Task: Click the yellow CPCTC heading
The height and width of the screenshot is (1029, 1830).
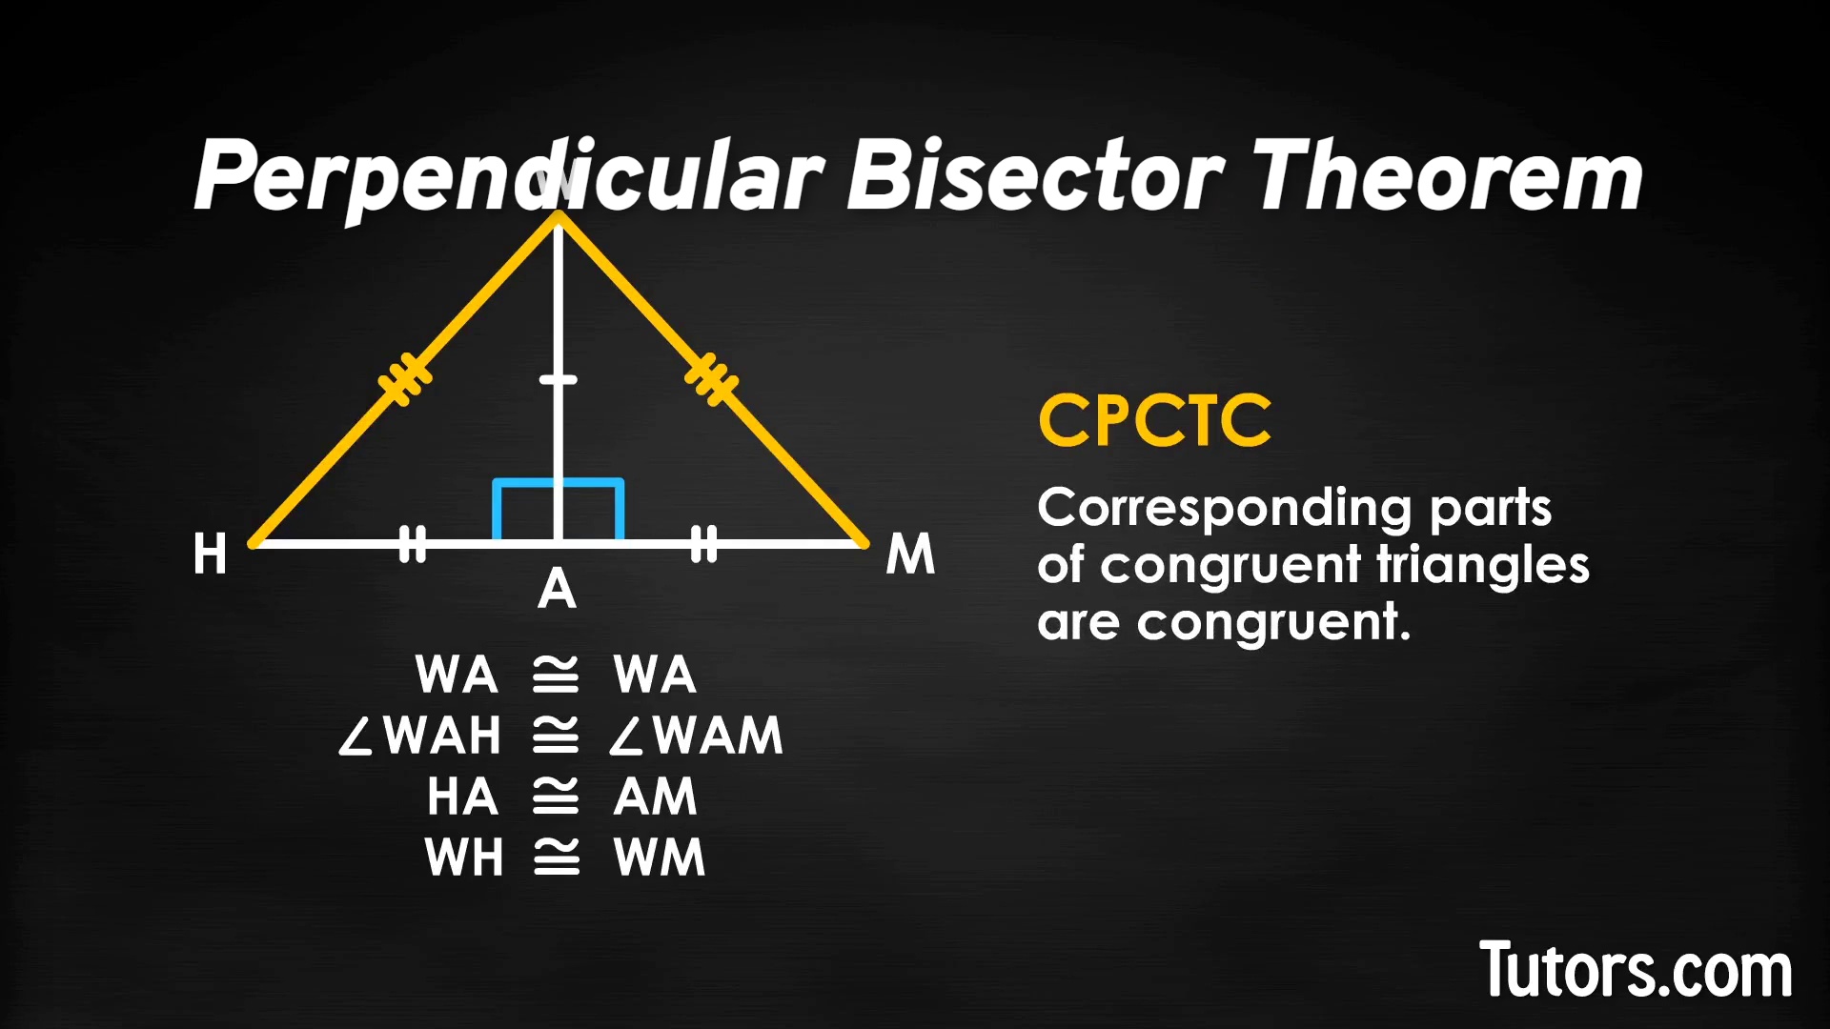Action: pyautogui.click(x=1154, y=420)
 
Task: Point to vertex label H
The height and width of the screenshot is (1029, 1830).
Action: pyautogui.click(x=210, y=554)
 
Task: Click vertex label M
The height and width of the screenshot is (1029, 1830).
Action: pyautogui.click(x=910, y=554)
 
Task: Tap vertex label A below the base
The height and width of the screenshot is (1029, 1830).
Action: pyautogui.click(x=558, y=589)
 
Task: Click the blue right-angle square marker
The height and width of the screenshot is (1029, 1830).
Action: pyautogui.click(x=559, y=510)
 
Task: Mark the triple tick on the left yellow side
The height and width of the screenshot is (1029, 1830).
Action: pyautogui.click(x=405, y=378)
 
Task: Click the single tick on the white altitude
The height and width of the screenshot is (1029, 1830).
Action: pyautogui.click(x=559, y=380)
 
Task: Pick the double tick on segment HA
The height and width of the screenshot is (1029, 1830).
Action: pyautogui.click(x=413, y=544)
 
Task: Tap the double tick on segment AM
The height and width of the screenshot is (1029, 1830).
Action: pyautogui.click(x=703, y=544)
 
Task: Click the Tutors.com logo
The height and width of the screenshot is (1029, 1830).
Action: pyautogui.click(x=1635, y=970)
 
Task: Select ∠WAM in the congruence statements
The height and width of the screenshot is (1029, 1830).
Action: pyautogui.click(x=697, y=736)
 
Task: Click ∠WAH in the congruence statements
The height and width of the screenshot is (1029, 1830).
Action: pyautogui.click(x=420, y=736)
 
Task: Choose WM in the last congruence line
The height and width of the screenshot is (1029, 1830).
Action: pyautogui.click(x=660, y=857)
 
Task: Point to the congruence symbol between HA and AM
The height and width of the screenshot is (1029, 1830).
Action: pyautogui.click(x=556, y=797)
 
